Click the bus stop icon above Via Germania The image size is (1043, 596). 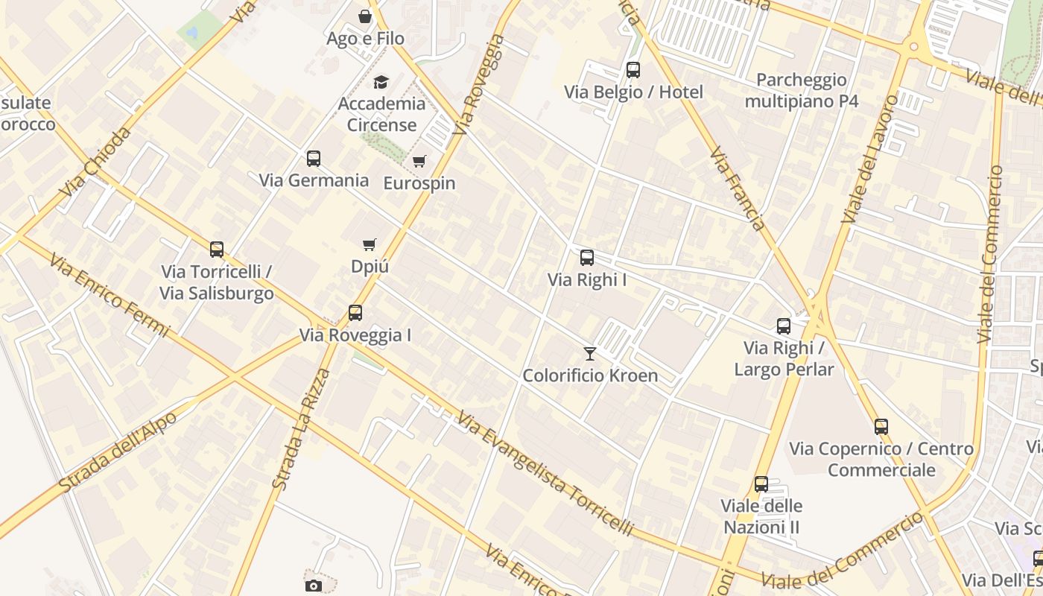[x=314, y=159]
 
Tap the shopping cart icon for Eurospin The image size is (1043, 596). [x=419, y=162]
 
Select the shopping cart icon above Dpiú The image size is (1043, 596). [x=369, y=245]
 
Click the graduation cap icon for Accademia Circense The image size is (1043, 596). [x=381, y=82]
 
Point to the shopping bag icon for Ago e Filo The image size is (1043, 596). [x=365, y=16]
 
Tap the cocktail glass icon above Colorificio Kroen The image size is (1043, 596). [x=590, y=354]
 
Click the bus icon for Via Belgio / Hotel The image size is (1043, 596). [x=633, y=71]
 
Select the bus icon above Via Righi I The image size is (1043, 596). [x=587, y=259]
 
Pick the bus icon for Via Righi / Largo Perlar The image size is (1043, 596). [x=784, y=326]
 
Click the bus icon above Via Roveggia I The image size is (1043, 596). [x=355, y=314]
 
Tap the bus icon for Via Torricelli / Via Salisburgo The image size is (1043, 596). [x=217, y=250]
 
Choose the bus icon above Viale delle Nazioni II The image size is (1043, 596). [x=761, y=485]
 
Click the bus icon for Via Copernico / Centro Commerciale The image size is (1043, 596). [x=881, y=428]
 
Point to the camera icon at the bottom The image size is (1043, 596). [x=314, y=586]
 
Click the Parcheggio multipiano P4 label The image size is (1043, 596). [x=802, y=90]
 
